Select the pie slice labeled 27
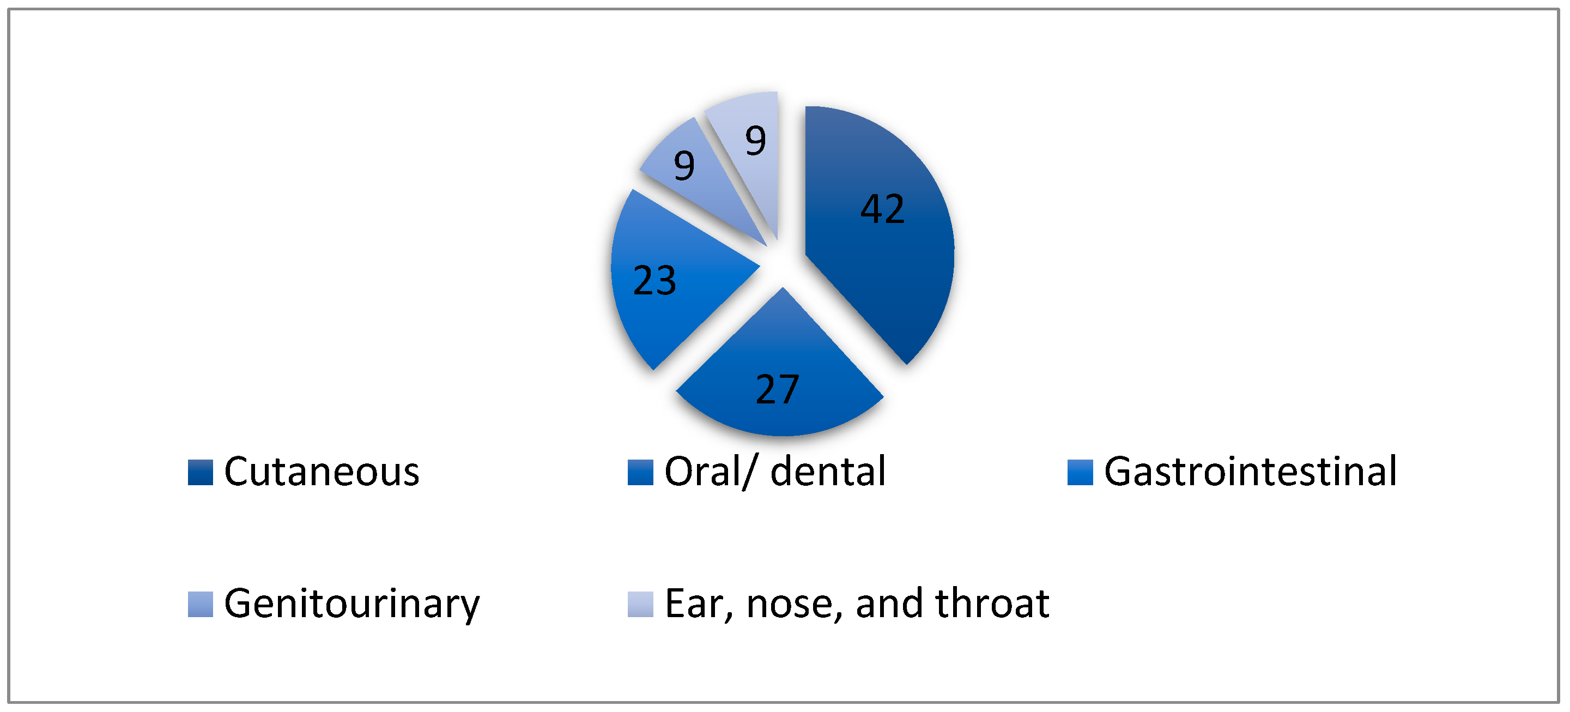(x=780, y=378)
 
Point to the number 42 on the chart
(x=882, y=209)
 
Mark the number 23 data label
(x=654, y=281)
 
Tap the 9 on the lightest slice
(x=756, y=141)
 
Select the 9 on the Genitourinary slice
(x=684, y=165)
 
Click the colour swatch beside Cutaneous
(x=201, y=473)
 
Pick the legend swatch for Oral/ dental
(x=640, y=473)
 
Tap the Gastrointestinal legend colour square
(x=1080, y=473)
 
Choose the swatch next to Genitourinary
(x=201, y=604)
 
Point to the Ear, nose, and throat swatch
(x=640, y=604)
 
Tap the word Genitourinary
(x=352, y=605)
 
